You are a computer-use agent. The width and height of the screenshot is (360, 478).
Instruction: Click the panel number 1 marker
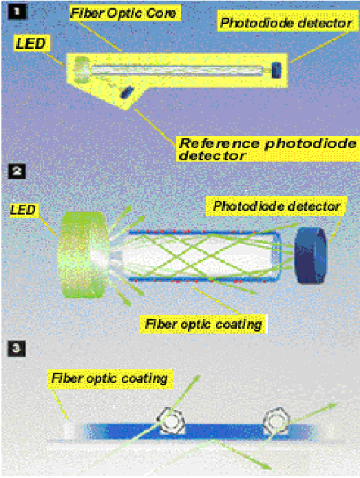point(17,12)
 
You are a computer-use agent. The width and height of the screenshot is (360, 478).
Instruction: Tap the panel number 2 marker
point(17,171)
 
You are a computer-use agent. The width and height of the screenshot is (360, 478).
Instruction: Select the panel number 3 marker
point(17,348)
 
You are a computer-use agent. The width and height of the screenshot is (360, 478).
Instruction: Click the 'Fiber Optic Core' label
point(125,13)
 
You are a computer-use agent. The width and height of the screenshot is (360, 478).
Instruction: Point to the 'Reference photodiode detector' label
point(268,149)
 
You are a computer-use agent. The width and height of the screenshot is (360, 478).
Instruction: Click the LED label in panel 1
point(31,43)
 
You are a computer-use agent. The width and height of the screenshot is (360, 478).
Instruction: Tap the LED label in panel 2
point(23,210)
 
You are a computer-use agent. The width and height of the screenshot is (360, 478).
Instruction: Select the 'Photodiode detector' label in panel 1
point(287,23)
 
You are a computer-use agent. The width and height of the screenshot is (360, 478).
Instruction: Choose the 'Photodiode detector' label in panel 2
point(276,206)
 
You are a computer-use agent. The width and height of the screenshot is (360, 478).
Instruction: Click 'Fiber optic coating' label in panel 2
point(203,324)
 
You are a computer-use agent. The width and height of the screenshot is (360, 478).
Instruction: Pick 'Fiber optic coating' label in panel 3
point(109,379)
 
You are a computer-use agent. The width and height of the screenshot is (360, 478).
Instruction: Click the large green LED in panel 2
point(83,254)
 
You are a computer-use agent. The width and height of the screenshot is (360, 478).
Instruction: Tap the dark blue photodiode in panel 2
point(310,255)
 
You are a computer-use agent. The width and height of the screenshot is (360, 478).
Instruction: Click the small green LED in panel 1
point(82,70)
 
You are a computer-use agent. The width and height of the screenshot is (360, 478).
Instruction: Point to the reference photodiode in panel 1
point(127,92)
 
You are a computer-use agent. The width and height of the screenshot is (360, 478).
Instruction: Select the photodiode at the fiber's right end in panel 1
point(276,70)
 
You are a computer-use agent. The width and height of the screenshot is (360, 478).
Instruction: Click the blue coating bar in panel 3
point(198,431)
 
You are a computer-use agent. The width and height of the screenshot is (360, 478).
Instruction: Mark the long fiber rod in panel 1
point(176,70)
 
